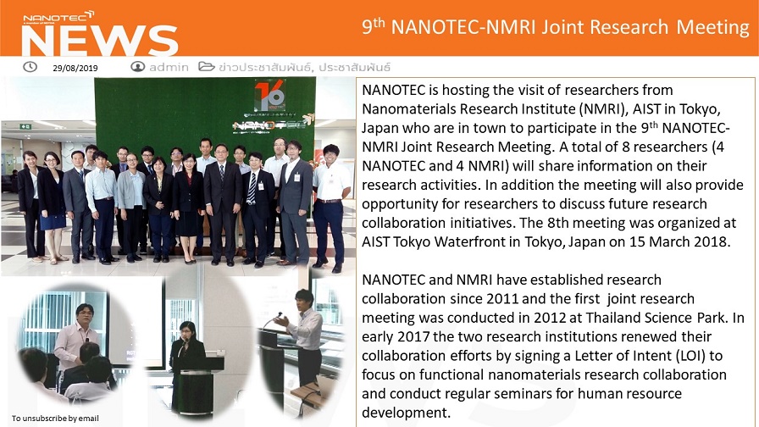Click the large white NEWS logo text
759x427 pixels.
tap(99, 41)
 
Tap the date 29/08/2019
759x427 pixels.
tap(75, 69)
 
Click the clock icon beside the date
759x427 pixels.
tap(30, 67)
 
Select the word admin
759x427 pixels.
tap(169, 67)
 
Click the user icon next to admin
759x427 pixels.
tap(137, 67)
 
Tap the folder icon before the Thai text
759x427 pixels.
tap(206, 66)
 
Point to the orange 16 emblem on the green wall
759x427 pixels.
tap(270, 96)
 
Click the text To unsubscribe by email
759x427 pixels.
tap(55, 419)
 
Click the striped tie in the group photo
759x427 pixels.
tap(252, 188)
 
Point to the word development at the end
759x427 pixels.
tap(406, 413)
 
